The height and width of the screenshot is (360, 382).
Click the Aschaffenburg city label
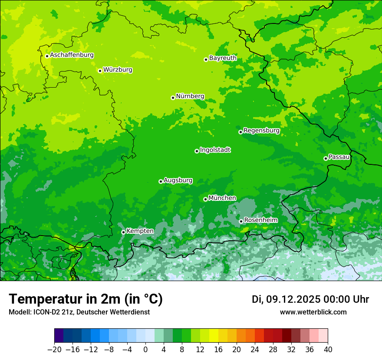pyautogui.click(x=72, y=55)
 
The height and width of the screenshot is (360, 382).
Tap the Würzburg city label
pyautogui.click(x=118, y=70)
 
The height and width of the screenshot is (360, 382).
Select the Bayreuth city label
pyautogui.click(x=223, y=58)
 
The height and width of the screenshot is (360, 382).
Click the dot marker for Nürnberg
pyautogui.click(x=173, y=98)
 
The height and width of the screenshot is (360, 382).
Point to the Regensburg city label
pyautogui.click(x=261, y=131)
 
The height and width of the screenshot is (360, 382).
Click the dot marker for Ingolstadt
pyautogui.click(x=197, y=151)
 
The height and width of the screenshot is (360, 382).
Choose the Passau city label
pyautogui.click(x=339, y=157)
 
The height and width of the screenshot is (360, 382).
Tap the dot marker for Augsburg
pyautogui.click(x=161, y=181)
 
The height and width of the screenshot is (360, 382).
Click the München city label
pyautogui.click(x=222, y=198)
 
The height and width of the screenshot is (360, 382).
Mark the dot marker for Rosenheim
pyautogui.click(x=241, y=221)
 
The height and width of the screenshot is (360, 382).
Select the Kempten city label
pyautogui.click(x=140, y=231)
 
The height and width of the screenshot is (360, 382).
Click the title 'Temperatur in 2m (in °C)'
pyautogui.click(x=86, y=299)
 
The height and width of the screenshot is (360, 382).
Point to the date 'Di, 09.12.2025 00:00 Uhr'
pyautogui.click(x=310, y=299)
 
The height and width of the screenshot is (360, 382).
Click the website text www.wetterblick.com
pyautogui.click(x=313, y=312)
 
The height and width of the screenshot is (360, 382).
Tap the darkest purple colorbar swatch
pyautogui.click(x=59, y=336)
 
